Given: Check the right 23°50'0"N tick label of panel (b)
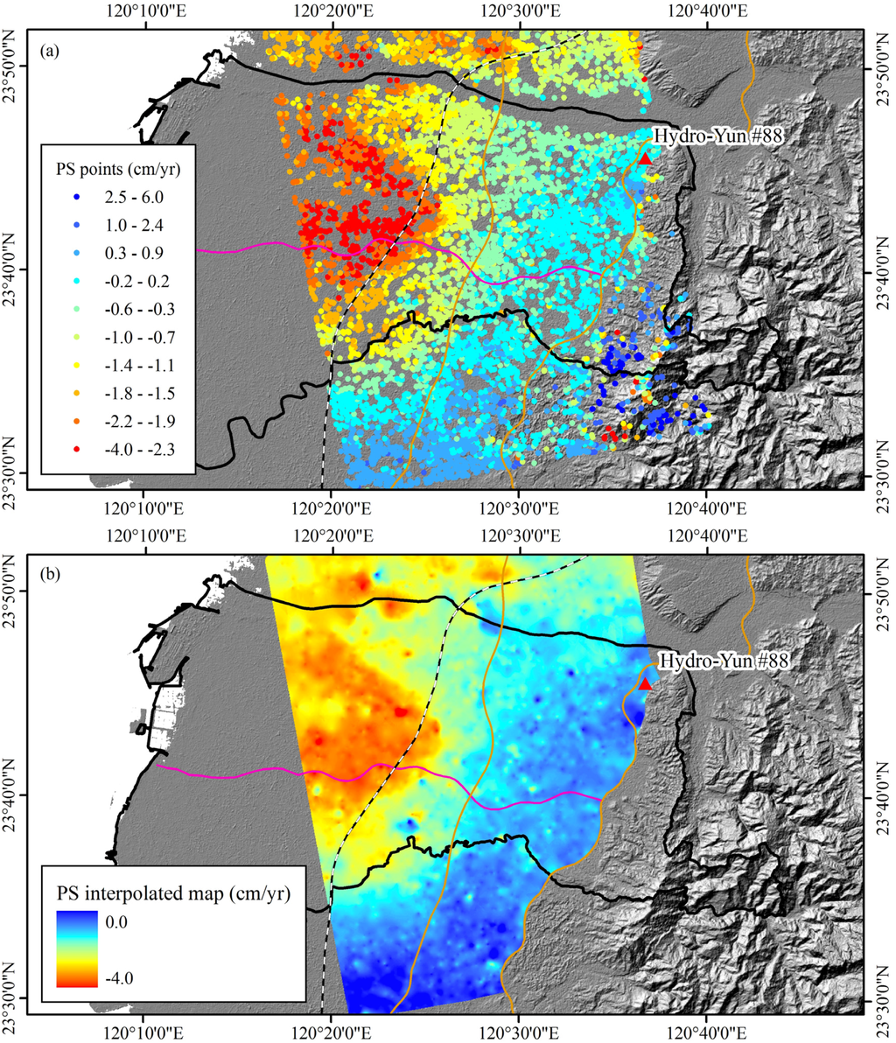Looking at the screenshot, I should tap(879, 592).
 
